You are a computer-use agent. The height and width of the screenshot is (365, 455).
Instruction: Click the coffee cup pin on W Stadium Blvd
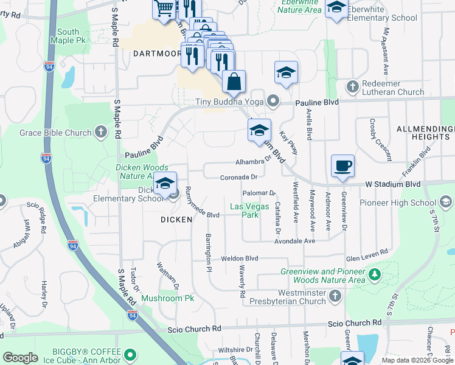(x=342, y=165)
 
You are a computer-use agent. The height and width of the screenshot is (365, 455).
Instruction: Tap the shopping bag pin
(x=234, y=82)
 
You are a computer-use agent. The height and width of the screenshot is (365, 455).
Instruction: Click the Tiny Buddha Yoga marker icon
(x=274, y=101)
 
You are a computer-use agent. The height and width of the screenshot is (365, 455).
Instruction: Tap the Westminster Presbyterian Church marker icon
(x=334, y=296)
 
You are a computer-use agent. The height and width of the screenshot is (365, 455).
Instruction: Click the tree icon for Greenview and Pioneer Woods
(x=375, y=275)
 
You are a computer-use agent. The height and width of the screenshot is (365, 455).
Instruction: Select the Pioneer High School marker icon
(x=445, y=202)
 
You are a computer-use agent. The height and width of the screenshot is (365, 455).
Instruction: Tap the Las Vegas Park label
(x=249, y=210)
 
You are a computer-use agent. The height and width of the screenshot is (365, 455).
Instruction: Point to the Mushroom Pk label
(x=167, y=298)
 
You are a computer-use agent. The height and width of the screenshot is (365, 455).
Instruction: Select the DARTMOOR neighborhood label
(x=157, y=54)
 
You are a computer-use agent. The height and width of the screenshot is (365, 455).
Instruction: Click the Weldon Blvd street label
(x=240, y=259)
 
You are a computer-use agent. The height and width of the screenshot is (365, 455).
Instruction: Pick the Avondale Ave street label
(x=295, y=241)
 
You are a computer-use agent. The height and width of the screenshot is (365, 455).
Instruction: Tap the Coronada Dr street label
(x=239, y=177)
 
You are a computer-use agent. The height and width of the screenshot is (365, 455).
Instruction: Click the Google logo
(x=21, y=358)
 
